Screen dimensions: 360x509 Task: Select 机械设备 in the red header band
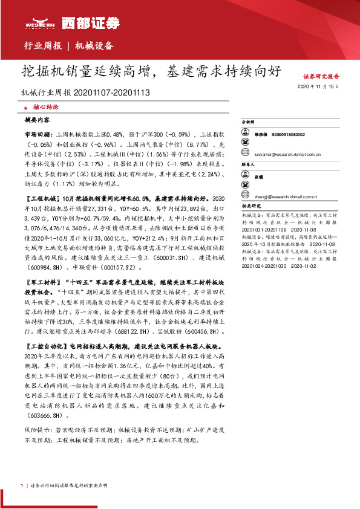94,46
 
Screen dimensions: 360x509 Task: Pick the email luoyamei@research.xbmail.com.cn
287,155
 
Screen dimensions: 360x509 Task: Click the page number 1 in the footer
22,485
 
